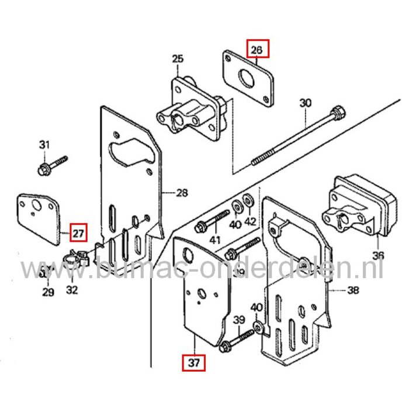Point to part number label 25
point(178,58)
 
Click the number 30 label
point(306,104)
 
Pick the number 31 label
point(45,145)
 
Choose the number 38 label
point(352,290)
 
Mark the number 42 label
point(250,222)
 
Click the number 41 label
point(216,240)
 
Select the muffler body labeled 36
point(356,204)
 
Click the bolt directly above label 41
point(212,221)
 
